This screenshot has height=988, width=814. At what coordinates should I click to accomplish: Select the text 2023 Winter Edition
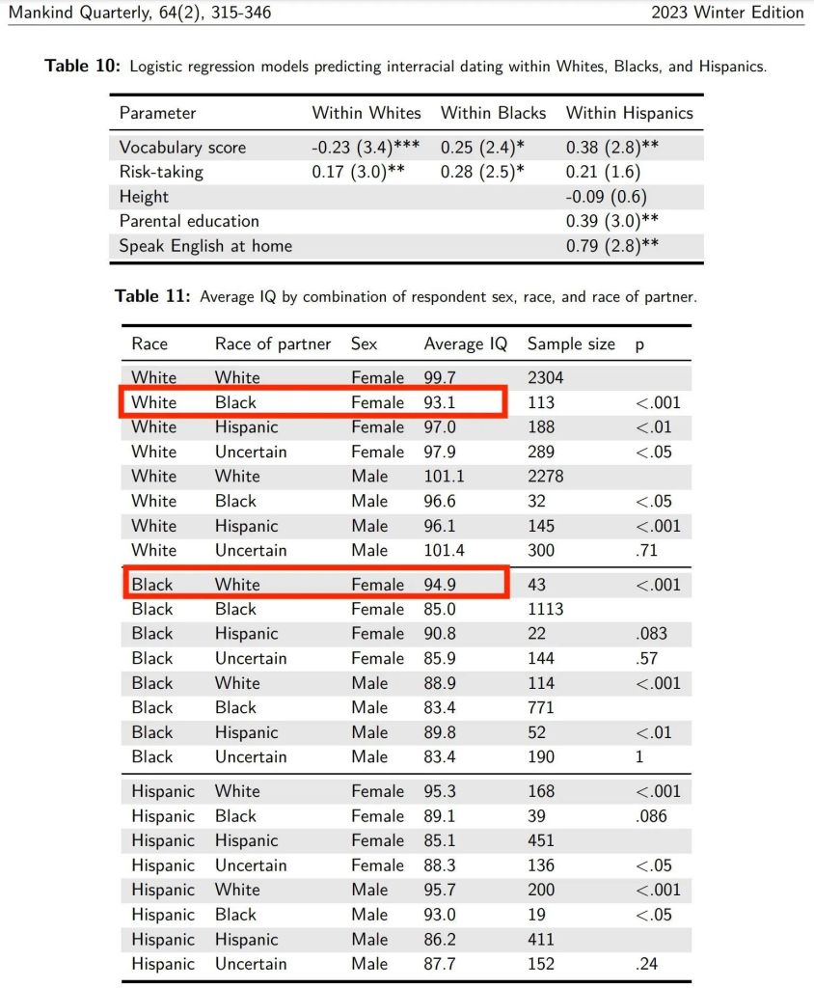(x=727, y=13)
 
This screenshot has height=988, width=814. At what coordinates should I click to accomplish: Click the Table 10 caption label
(x=84, y=67)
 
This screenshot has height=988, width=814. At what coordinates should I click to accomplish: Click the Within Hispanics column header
(x=629, y=113)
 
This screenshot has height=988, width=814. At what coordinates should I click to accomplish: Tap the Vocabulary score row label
(x=182, y=148)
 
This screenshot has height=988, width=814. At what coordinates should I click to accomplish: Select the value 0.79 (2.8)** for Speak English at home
(x=612, y=245)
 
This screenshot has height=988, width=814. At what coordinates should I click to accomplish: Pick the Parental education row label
(x=189, y=221)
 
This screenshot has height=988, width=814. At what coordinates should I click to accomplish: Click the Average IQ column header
(x=466, y=344)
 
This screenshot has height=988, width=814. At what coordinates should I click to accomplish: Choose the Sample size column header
(x=571, y=344)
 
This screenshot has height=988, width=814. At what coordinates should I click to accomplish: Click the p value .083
(x=651, y=634)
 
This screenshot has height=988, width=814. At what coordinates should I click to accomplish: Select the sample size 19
(x=536, y=915)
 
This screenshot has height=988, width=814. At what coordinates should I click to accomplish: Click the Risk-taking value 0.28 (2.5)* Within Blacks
(x=482, y=173)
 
